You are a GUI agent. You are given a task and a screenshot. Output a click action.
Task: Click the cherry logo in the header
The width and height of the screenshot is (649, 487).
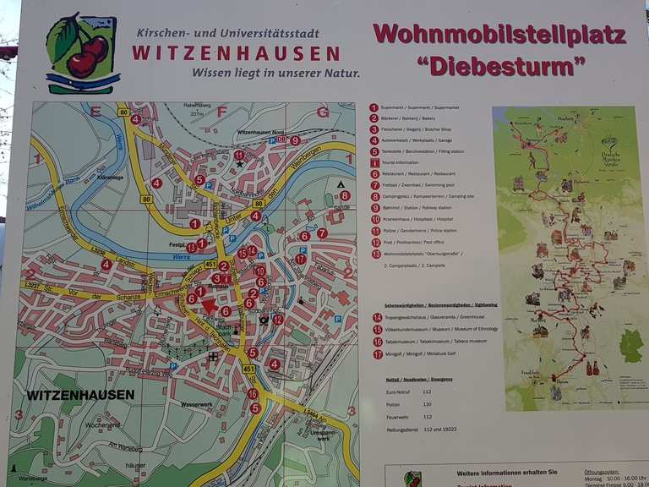click(x=82, y=52)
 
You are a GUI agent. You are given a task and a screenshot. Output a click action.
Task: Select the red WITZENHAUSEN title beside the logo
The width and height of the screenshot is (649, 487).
click(x=236, y=52)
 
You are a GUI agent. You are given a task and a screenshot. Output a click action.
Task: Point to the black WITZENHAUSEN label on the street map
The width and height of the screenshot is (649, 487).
click(x=79, y=395)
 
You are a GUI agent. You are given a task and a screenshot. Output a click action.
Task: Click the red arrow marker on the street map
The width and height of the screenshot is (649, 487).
click(x=209, y=306)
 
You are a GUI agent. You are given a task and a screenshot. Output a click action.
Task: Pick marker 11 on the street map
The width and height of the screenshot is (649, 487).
click(x=239, y=155)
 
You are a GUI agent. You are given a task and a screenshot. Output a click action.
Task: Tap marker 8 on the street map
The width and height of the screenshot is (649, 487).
click(x=345, y=195)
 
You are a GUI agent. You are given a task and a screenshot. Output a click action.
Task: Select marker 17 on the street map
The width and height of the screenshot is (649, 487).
click(x=300, y=259)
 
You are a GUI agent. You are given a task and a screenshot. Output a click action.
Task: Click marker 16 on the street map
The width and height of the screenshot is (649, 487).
click(x=252, y=393)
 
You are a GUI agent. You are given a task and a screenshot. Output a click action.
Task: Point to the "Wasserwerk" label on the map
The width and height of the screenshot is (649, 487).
click(x=197, y=404)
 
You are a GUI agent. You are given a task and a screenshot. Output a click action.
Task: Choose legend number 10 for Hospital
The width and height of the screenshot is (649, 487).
click(x=374, y=219)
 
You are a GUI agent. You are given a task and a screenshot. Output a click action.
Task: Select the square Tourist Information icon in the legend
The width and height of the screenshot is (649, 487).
click(x=374, y=162)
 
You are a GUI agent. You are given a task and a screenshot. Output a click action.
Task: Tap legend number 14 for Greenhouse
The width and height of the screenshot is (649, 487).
click(x=377, y=317)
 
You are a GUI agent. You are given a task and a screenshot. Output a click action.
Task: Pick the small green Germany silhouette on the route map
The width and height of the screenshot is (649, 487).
click(x=631, y=346)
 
